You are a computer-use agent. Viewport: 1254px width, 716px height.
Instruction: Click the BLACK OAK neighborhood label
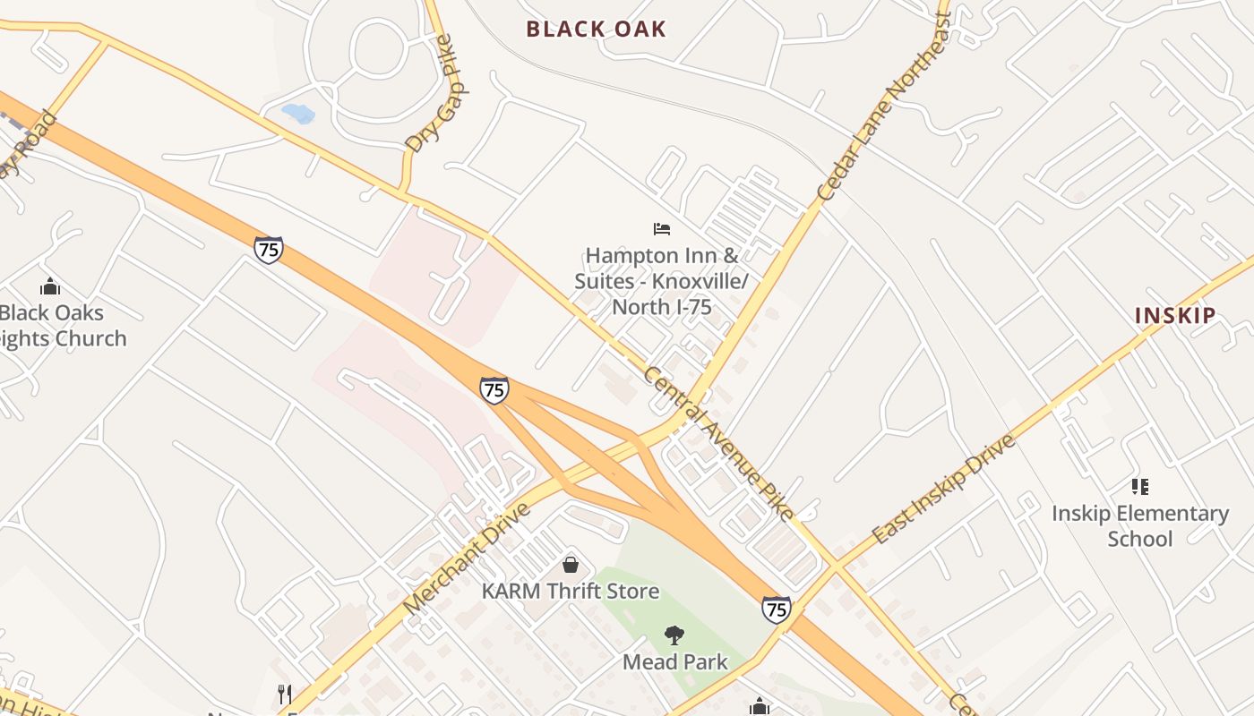point(596,29)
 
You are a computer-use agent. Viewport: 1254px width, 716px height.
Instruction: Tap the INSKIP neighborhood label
point(1175,315)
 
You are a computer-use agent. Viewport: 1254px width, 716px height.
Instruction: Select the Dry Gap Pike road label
point(438,95)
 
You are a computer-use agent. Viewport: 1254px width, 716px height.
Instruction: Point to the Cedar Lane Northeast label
point(883,107)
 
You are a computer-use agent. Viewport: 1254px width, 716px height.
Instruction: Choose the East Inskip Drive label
point(944,489)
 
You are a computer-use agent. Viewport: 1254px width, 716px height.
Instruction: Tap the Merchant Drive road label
point(467,558)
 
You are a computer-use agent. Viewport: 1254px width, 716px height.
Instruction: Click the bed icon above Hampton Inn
point(662,229)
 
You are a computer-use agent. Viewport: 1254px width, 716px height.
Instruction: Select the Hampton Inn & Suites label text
point(661,281)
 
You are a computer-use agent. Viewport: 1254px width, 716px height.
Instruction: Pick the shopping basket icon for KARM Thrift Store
point(571,565)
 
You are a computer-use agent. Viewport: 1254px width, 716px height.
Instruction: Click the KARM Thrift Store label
point(571,591)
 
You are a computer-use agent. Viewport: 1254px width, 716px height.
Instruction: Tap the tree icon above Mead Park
point(674,635)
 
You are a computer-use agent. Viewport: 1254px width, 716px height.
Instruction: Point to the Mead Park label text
point(675,662)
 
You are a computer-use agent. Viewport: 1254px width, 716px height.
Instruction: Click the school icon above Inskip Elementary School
point(1139,487)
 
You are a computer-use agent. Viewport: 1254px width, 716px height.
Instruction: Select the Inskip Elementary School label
point(1139,526)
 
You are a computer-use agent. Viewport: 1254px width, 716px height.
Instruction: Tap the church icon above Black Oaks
point(50,286)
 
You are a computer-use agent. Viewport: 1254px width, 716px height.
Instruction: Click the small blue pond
point(298,114)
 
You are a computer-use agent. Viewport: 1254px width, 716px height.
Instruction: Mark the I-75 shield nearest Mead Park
point(777,609)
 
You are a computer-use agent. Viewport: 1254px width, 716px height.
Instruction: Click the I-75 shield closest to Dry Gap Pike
point(268,250)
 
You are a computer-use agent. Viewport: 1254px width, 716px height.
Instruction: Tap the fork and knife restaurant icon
point(285,694)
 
